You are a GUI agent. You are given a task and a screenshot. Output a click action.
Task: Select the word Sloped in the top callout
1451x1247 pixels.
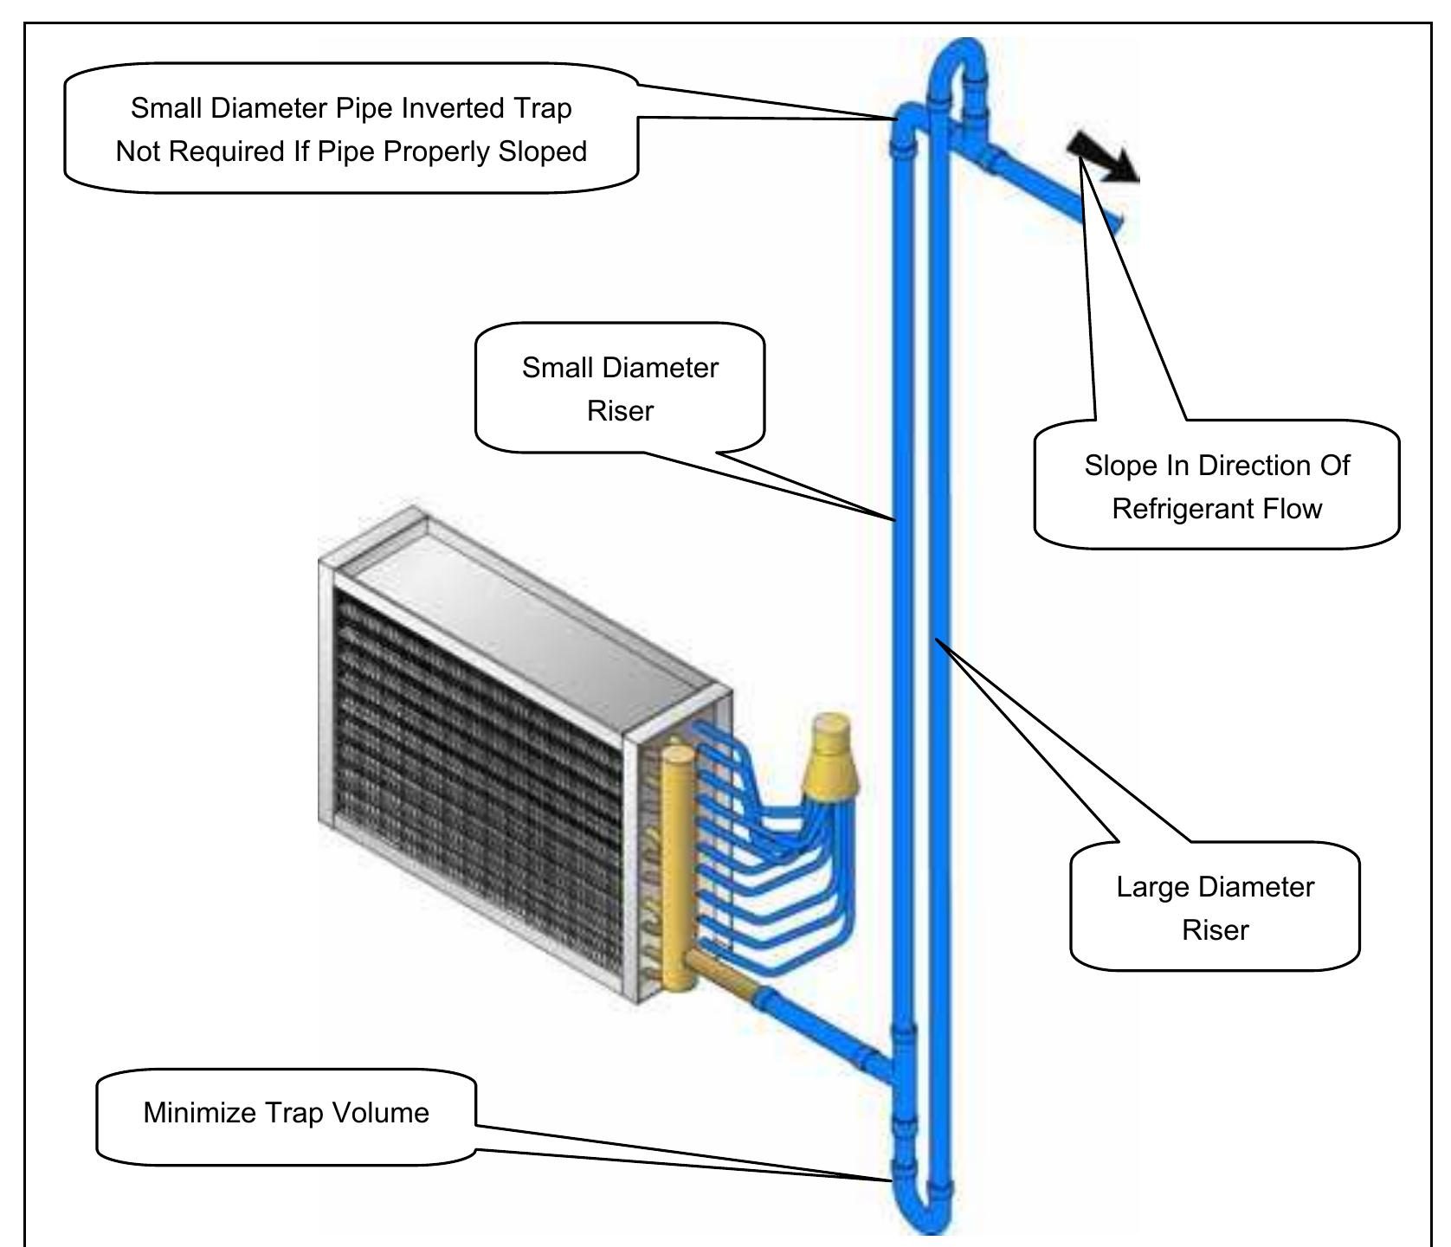tap(542, 151)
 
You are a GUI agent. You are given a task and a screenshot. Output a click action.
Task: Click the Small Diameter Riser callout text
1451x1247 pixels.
tap(620, 389)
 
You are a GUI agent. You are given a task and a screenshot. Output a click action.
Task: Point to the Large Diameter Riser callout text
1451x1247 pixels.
tap(1215, 908)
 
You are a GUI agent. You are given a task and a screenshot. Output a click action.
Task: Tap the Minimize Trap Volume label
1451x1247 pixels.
tap(286, 1112)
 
